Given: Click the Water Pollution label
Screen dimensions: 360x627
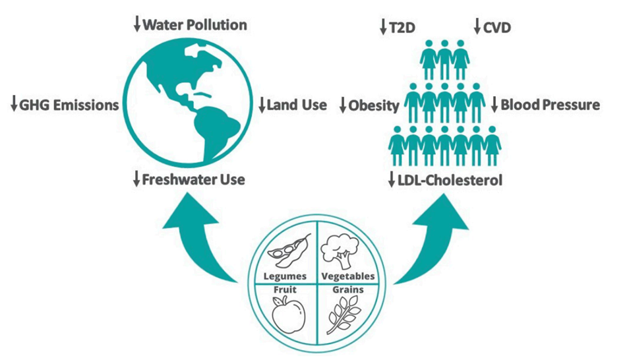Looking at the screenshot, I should (x=194, y=26).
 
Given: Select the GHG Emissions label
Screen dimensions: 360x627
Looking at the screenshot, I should (x=70, y=105).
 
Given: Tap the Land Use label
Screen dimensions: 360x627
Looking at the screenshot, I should (x=297, y=105).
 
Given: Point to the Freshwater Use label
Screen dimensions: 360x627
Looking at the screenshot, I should (x=194, y=179).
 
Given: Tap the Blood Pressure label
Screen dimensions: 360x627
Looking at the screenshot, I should (x=550, y=105).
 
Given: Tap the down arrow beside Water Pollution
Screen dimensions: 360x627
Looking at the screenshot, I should (x=137, y=26).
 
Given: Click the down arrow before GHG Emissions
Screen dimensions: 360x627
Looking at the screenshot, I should (x=13, y=105).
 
